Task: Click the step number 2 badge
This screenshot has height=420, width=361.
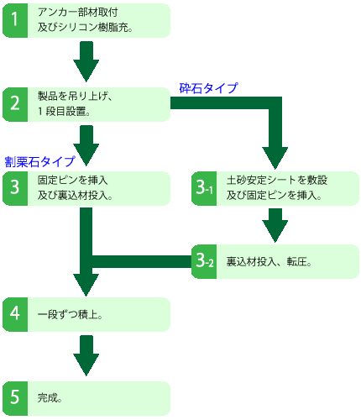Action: pos(15,104)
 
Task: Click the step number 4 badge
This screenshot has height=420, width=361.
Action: pos(15,314)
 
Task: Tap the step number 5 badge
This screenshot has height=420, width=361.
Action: pos(15,396)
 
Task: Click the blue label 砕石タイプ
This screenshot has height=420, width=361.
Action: pos(208,87)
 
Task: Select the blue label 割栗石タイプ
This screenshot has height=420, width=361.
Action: pos(39,161)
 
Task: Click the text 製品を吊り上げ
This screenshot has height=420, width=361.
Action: pos(76,97)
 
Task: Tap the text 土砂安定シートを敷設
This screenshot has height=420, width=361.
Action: pos(276,181)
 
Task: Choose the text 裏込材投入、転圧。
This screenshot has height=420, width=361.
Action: pos(269,262)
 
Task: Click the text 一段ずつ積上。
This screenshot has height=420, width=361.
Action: pos(71,314)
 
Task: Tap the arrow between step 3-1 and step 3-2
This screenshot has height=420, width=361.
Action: pos(276,224)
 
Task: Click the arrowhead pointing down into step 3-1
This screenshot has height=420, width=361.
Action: pos(276,155)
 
